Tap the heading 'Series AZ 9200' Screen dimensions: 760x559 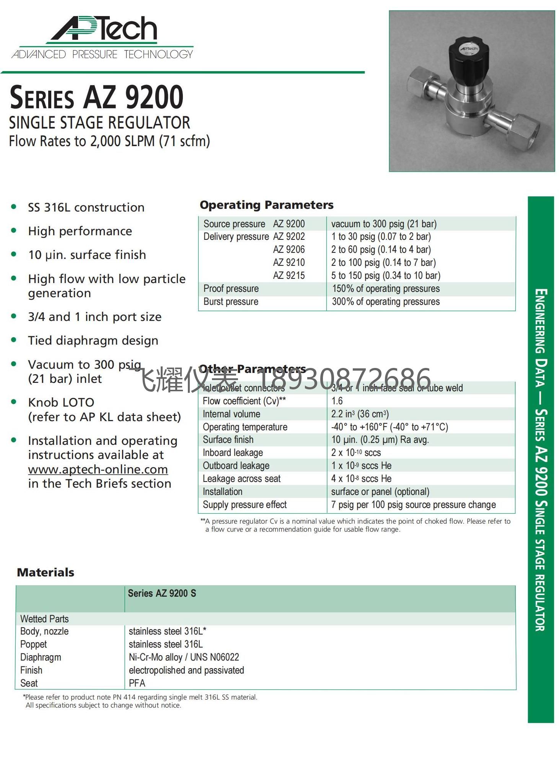coord(96,98)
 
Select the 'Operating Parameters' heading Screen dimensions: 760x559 coord(266,205)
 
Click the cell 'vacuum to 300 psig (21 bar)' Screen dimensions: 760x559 coord(383,224)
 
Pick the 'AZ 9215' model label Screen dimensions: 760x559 coord(289,275)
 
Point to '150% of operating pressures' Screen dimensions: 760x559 coord(386,288)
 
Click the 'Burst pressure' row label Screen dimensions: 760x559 coord(231,301)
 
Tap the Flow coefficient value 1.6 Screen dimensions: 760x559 coord(337,401)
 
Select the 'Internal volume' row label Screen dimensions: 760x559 coord(231,414)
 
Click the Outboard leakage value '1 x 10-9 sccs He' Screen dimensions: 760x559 coord(361,465)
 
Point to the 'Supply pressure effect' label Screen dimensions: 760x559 coord(244,504)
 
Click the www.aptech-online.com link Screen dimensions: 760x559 coord(98,469)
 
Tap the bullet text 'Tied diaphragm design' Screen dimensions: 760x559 coord(93,340)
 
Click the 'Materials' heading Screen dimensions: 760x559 coord(46,572)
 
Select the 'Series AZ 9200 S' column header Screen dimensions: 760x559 coord(162,593)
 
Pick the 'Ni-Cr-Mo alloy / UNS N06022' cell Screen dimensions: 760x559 coord(184,657)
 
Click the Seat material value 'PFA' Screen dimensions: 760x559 coord(137,683)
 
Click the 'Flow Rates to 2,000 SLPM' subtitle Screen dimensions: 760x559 coord(109,141)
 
